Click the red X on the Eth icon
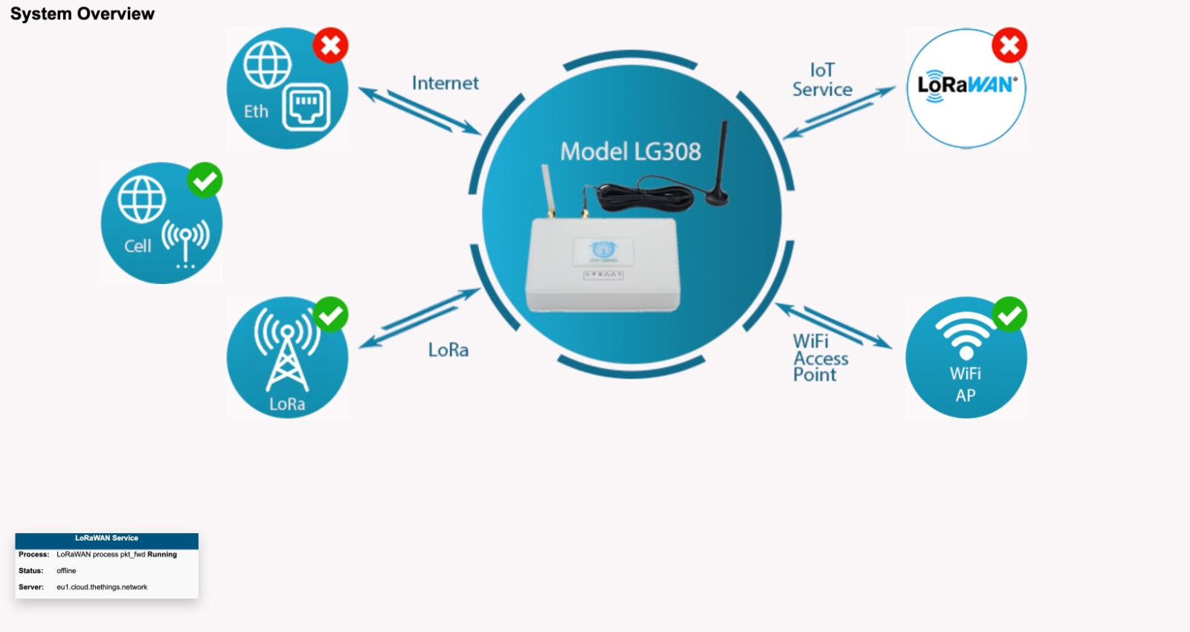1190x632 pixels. [x=330, y=45]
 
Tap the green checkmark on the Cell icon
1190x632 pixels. [x=205, y=180]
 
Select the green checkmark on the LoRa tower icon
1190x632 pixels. [x=330, y=315]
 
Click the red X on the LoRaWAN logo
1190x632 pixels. [x=1009, y=45]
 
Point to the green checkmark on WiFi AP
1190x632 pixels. [x=1009, y=315]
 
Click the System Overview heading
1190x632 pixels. [x=83, y=14]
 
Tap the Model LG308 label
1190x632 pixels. [x=630, y=152]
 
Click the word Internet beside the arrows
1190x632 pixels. [x=445, y=83]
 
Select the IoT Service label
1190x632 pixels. [x=822, y=80]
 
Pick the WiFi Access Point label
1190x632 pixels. [x=820, y=358]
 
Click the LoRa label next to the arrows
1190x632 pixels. [x=448, y=350]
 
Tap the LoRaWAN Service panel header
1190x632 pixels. [x=106, y=538]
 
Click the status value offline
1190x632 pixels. [x=66, y=571]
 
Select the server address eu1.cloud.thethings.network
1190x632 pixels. [x=102, y=587]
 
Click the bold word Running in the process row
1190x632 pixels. [x=162, y=555]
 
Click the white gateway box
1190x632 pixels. [x=602, y=264]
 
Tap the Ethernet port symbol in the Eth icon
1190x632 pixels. [x=306, y=106]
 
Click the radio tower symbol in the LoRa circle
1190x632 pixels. [x=286, y=349]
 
